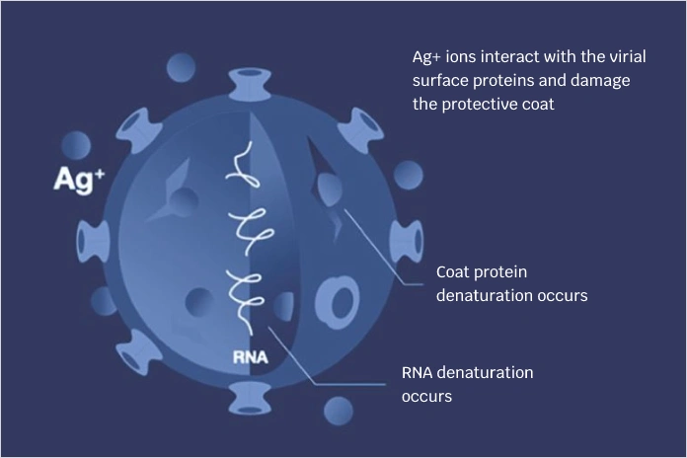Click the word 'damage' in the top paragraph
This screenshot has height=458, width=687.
[600, 80]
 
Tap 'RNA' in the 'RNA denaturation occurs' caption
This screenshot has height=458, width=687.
[419, 373]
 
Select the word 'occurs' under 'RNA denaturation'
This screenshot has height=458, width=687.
[426, 397]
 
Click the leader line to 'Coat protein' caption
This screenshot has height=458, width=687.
[385, 247]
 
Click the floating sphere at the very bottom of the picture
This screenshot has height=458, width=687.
[339, 411]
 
